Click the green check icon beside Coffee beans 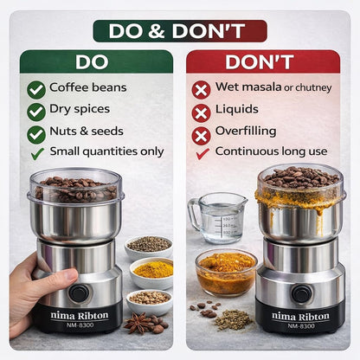click(x=36, y=90)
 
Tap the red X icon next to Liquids click(x=201, y=113)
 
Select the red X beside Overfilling click(x=201, y=135)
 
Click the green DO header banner click(x=96, y=61)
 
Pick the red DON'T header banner click(x=263, y=61)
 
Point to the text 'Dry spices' click(x=80, y=109)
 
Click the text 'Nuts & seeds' click(x=87, y=131)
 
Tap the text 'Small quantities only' click(x=106, y=151)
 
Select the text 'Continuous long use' click(x=271, y=151)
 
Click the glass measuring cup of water click(x=219, y=217)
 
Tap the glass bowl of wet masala click(x=226, y=273)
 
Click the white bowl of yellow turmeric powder click(x=152, y=273)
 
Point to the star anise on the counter click(x=137, y=323)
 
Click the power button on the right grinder click(x=301, y=294)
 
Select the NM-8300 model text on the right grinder click(x=301, y=326)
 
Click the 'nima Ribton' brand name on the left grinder click(x=80, y=316)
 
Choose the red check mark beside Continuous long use click(x=202, y=154)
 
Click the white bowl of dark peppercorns click(x=149, y=247)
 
